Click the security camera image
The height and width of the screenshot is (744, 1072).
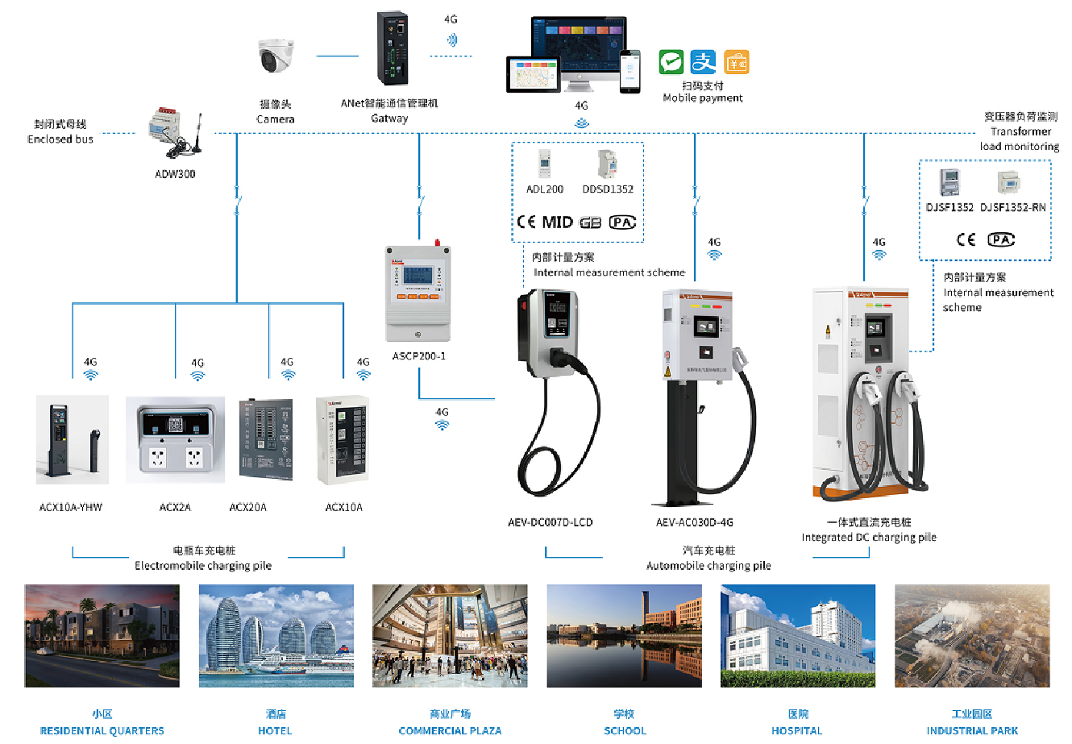coord(276,56)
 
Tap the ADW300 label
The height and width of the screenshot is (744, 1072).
coord(175,174)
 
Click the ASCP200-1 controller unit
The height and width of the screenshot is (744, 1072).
coord(418,292)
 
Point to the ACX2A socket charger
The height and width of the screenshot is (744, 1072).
coord(175,440)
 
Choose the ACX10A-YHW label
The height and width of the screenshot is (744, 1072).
coord(71,507)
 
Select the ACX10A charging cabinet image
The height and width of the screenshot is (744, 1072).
coord(343,439)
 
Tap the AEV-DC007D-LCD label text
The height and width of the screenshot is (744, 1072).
coord(550,522)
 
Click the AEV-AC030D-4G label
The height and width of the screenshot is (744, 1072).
coord(694,522)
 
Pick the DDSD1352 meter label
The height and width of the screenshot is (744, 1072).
coord(608,189)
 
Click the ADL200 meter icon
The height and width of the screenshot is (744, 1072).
coord(544,164)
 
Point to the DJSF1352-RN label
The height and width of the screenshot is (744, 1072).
coord(1013,208)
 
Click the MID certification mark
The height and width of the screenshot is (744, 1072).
coord(557,222)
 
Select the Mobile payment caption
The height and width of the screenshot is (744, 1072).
coord(703,98)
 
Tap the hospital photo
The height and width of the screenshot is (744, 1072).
coord(798,636)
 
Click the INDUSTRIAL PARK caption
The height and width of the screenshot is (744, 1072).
coord(972,730)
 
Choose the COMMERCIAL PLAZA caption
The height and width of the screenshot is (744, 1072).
coord(450,730)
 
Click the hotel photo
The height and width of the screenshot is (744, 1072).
coord(276,636)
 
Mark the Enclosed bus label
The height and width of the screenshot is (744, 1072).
coord(60,139)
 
